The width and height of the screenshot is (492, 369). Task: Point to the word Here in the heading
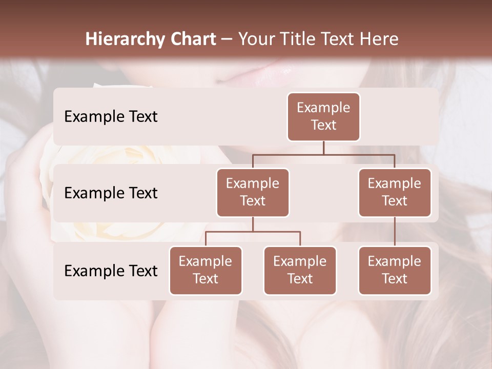379,39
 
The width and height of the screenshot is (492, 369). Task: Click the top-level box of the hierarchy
323,117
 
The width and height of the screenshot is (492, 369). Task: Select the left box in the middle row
253,193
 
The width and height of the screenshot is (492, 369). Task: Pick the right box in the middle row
395,193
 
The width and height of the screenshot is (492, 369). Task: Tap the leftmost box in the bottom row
206,271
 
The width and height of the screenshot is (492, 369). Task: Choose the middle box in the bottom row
300,271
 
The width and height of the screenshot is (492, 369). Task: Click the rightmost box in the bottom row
395,271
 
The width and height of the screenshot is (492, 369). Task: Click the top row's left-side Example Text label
111,117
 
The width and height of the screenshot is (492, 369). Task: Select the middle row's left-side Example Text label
111,193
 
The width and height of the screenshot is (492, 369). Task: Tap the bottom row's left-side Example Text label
111,271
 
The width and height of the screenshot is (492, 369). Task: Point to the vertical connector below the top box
323,148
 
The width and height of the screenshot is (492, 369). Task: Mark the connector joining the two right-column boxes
395,232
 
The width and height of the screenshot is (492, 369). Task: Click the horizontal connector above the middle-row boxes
323,154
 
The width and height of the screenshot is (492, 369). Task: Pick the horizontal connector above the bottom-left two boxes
253,232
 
